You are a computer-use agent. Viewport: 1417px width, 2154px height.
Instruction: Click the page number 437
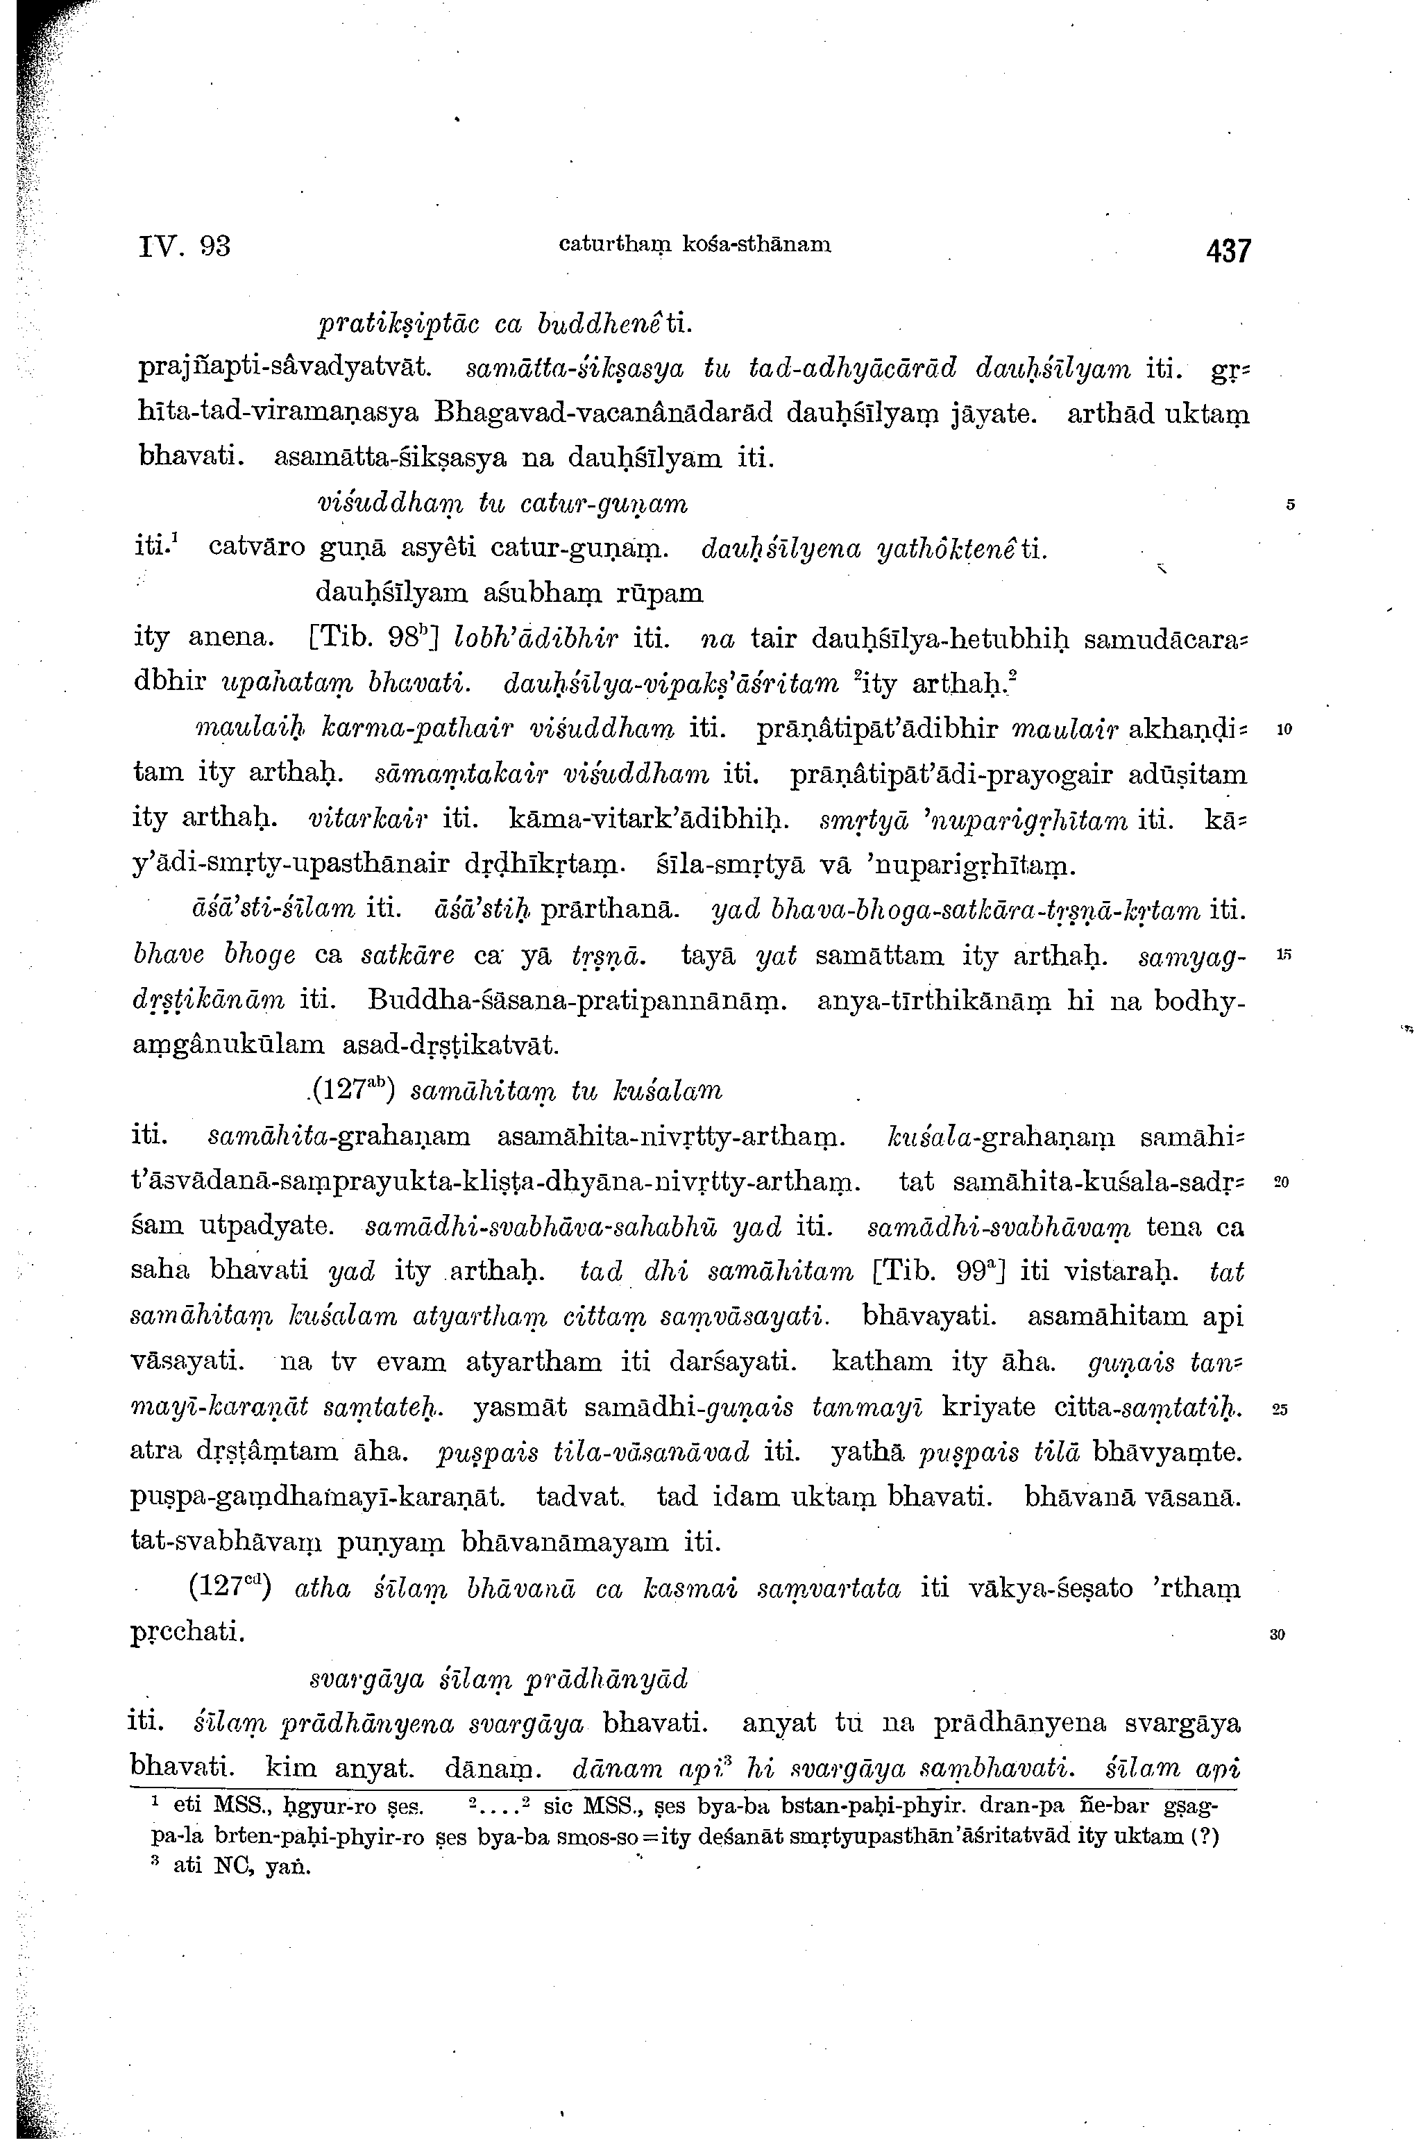tap(1226, 250)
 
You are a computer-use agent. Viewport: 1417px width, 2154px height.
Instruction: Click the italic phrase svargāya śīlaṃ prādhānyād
tap(498, 1679)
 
